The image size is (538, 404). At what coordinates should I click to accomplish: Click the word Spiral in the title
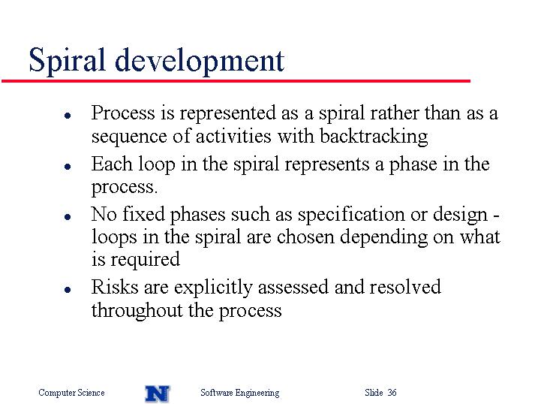[67, 61]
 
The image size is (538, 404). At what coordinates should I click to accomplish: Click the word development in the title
[200, 61]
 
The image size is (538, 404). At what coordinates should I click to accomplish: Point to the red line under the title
[236, 81]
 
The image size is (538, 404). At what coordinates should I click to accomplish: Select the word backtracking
[374, 137]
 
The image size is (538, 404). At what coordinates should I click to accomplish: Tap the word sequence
[129, 137]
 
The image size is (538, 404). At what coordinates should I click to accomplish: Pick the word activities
[233, 136]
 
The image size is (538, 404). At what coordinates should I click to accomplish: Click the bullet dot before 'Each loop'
[68, 167]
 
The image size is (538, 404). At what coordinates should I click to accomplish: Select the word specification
[351, 216]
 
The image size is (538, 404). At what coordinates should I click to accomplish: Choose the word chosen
[305, 237]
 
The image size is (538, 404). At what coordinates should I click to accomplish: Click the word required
[145, 260]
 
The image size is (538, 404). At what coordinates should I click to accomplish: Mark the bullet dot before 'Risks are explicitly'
[68, 290]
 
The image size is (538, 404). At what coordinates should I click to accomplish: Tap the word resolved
[405, 287]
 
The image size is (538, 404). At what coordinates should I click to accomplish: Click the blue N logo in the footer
[158, 393]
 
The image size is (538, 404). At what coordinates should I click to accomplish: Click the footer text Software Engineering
[240, 393]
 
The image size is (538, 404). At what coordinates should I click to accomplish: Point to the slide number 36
[392, 392]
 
